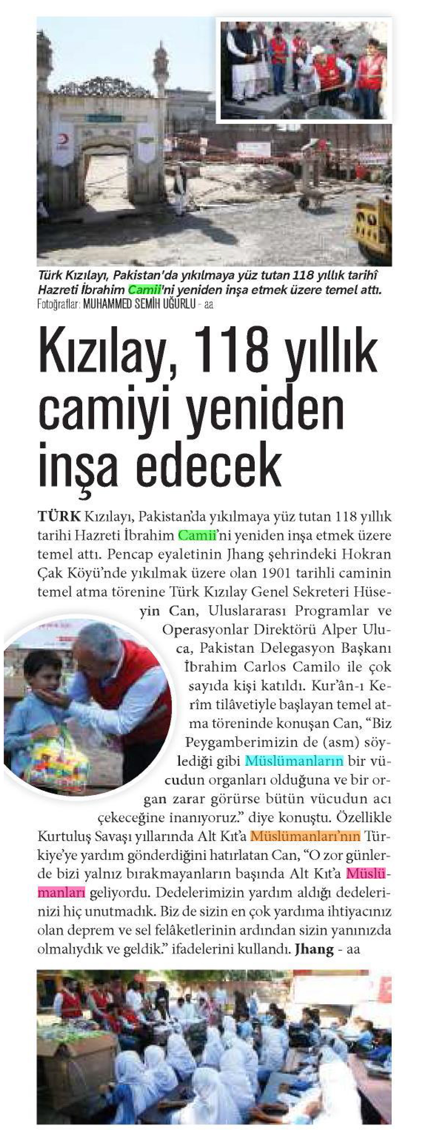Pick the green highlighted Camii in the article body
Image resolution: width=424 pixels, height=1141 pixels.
[196, 535]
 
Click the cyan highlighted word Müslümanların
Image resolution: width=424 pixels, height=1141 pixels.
[294, 761]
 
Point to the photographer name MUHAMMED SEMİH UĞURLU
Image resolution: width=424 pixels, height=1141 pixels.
[139, 305]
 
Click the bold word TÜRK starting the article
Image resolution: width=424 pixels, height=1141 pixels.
[59, 516]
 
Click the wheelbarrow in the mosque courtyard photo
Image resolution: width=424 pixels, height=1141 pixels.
[312, 200]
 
